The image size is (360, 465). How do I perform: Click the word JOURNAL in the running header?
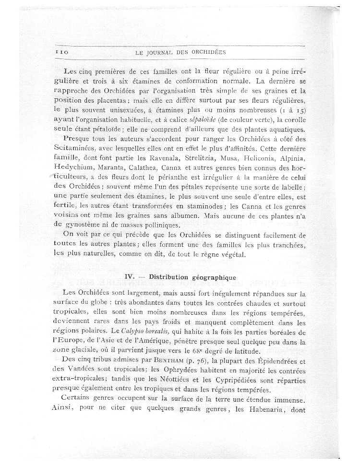[x=164, y=52]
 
